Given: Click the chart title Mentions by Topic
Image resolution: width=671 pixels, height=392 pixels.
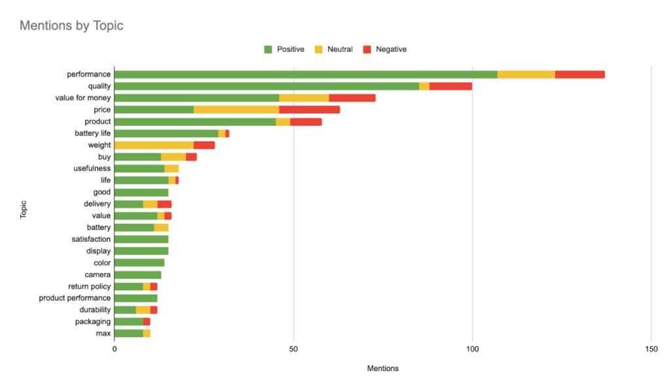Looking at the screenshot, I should [x=71, y=26].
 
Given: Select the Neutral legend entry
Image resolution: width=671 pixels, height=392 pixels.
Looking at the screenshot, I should [x=335, y=49].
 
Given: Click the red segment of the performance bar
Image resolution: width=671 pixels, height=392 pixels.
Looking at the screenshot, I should [x=580, y=74].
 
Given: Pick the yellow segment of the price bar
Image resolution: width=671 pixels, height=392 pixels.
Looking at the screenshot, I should [x=236, y=109].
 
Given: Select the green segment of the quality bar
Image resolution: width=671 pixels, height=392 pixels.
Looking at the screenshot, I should [x=266, y=86].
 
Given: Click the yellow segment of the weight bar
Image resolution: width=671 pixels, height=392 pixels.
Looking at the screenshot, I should [x=154, y=145].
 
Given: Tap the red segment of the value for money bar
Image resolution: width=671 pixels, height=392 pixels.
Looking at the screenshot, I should [x=352, y=98].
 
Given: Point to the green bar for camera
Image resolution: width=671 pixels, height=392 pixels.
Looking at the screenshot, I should [x=138, y=275].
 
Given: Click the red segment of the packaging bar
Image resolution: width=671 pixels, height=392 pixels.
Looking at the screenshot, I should [x=147, y=322].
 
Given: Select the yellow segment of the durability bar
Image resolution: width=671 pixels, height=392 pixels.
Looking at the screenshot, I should [x=143, y=310].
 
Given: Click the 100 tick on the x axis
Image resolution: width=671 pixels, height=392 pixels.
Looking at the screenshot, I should [x=472, y=348].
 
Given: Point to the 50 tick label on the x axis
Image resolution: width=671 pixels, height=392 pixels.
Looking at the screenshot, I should [x=294, y=348].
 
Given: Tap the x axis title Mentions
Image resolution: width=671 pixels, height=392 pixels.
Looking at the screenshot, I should [x=383, y=368].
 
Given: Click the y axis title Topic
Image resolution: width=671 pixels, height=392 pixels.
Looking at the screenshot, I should [x=24, y=204].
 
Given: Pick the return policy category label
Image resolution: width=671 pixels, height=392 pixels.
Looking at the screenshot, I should [x=90, y=286].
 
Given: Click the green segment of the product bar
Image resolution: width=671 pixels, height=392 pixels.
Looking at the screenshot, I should [x=195, y=121].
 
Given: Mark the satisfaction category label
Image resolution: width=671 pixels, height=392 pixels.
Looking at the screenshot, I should [x=91, y=239].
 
